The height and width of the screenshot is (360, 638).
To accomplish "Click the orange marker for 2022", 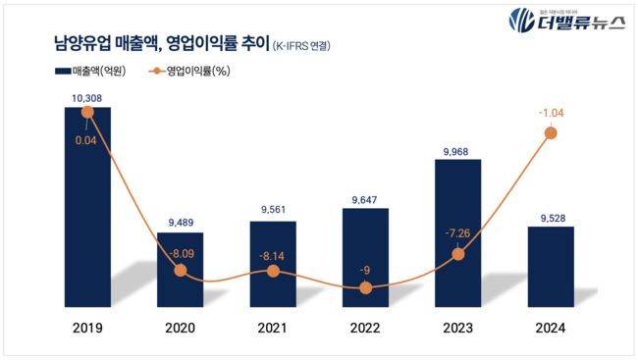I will click(x=365, y=287).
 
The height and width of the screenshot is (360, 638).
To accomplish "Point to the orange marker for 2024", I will click(x=551, y=132).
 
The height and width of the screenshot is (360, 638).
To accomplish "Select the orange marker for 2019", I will click(x=87, y=113).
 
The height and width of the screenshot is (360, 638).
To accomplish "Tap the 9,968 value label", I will click(x=457, y=150).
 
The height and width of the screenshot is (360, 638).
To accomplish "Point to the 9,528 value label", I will click(x=551, y=218).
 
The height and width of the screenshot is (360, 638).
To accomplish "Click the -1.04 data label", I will click(x=551, y=114).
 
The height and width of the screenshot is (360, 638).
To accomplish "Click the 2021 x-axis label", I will click(x=273, y=331).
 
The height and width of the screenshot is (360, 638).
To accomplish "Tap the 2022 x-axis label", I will click(x=365, y=331).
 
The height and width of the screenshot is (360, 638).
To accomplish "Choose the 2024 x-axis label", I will click(x=551, y=331).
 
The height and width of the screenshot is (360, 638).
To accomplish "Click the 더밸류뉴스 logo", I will click(x=566, y=23).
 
